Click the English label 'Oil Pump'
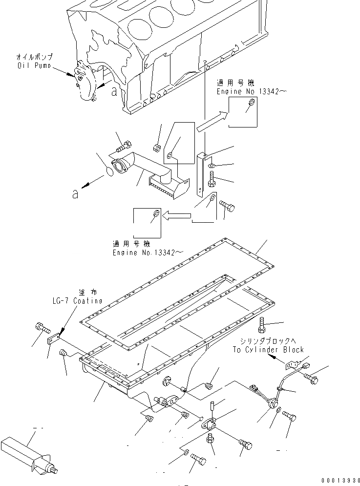(x=33, y=65)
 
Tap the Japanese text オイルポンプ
(x=33, y=57)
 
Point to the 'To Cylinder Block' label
(x=268, y=349)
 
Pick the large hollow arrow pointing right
(x=212, y=122)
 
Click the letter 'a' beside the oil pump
(x=114, y=91)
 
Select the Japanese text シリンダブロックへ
(x=267, y=341)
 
